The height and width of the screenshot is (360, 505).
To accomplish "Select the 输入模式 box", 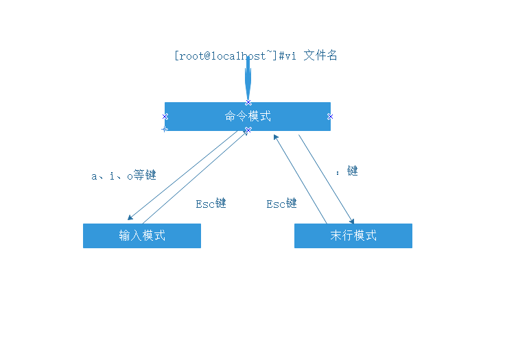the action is click(x=142, y=236).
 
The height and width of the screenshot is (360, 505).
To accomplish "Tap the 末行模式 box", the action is click(x=353, y=236).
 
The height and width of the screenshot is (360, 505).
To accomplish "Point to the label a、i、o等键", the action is click(x=124, y=176).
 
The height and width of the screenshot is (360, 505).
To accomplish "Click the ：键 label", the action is click(x=347, y=171).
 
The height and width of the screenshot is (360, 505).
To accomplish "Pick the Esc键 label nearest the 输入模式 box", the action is click(x=211, y=204).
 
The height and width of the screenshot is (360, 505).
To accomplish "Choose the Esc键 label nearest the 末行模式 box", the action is click(x=281, y=204).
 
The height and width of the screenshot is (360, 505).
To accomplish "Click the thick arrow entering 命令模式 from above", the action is click(x=248, y=79).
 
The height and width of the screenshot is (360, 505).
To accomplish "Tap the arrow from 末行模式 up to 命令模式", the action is click(x=301, y=178).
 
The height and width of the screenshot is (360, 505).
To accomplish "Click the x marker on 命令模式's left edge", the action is click(x=165, y=117).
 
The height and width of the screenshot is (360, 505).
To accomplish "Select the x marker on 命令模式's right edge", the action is click(x=330, y=117).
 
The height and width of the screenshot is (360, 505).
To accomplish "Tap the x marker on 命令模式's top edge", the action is click(x=248, y=103).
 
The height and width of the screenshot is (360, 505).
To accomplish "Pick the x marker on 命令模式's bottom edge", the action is click(x=248, y=130).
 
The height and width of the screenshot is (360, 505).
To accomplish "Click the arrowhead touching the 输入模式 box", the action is click(x=130, y=218).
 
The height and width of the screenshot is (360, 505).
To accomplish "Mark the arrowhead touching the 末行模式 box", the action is click(x=352, y=221).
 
